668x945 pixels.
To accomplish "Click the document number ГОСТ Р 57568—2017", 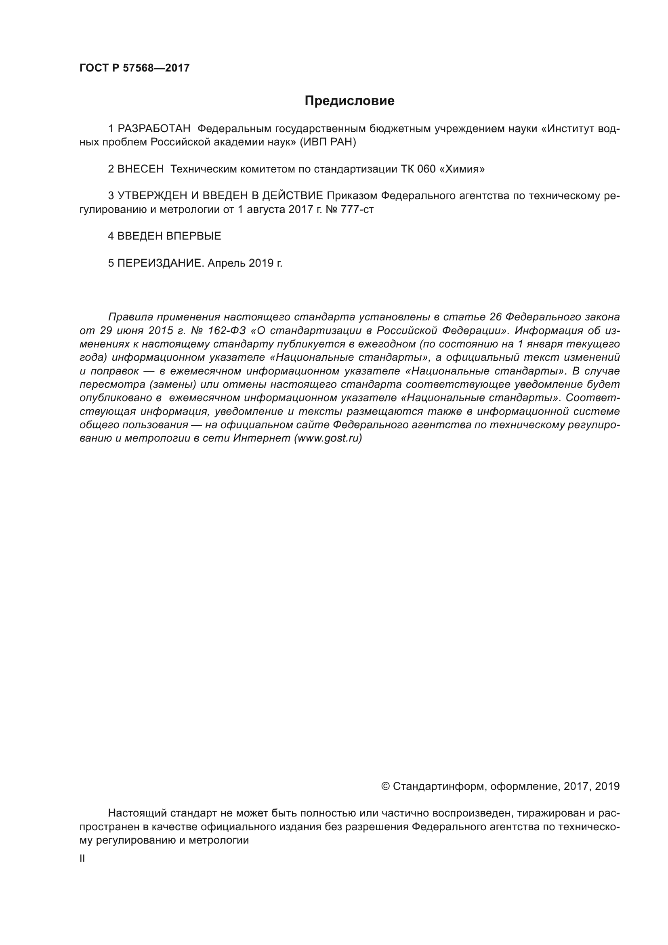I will (134, 68).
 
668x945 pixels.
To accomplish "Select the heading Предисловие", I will (349, 101).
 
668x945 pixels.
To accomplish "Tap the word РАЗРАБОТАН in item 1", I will (154, 129).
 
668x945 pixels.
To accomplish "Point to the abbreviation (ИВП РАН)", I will (328, 142).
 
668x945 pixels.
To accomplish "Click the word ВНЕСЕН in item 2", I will (140, 169).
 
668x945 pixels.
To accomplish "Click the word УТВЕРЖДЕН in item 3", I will (153, 196).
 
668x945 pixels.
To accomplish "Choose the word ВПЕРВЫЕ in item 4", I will (194, 236).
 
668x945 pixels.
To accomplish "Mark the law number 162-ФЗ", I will (226, 330).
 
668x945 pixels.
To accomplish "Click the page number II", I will (82, 859).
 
